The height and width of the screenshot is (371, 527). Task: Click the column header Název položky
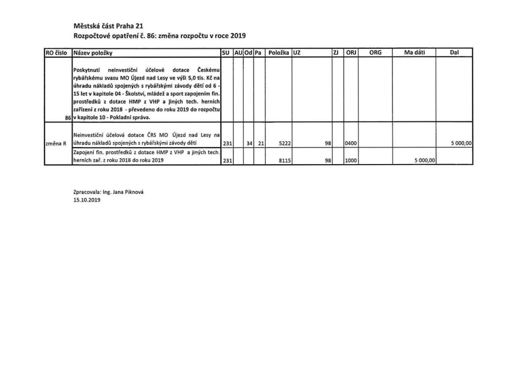(x=93, y=53)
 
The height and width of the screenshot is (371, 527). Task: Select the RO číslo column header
(x=57, y=53)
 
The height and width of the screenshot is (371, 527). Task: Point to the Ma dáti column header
(x=414, y=53)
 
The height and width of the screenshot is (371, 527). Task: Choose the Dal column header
(x=454, y=53)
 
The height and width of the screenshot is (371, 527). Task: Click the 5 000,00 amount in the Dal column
(x=461, y=143)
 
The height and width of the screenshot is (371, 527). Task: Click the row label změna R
(x=57, y=143)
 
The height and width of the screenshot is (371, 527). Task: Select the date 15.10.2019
(x=87, y=200)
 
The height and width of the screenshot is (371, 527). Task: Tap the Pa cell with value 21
(x=261, y=143)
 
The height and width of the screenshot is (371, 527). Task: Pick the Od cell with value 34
(x=250, y=143)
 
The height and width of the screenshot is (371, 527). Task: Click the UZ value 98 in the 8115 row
(x=327, y=161)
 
